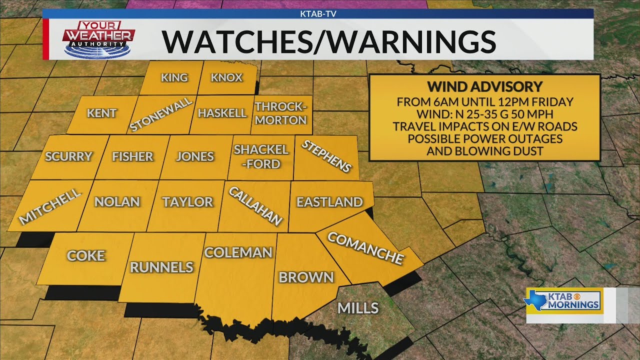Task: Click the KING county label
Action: [x=174, y=77]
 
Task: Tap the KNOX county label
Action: [x=226, y=77]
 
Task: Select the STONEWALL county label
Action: [x=161, y=114]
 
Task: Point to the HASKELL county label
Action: [x=222, y=113]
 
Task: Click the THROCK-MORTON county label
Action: [x=280, y=113]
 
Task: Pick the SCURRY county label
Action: [x=69, y=156]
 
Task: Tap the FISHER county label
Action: [x=132, y=156]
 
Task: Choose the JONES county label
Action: [x=195, y=156]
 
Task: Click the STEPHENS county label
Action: [x=326, y=156]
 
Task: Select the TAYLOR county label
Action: [x=187, y=202]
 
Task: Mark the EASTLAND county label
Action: [x=329, y=202]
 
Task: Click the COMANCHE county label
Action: [x=365, y=248]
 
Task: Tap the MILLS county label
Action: [x=358, y=308]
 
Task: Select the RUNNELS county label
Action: [x=161, y=267]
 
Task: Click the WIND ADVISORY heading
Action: [x=484, y=86]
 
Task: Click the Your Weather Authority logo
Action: [x=98, y=38]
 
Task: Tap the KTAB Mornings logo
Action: [x=563, y=299]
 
